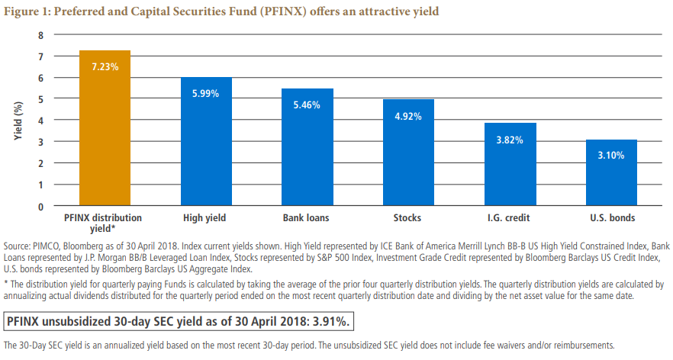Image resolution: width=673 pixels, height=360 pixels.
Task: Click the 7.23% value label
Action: click(x=105, y=66)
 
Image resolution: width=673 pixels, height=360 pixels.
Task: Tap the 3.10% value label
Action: click(x=611, y=155)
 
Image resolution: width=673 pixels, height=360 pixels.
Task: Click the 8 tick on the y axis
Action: click(x=41, y=35)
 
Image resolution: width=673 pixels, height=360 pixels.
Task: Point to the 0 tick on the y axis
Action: click(x=41, y=206)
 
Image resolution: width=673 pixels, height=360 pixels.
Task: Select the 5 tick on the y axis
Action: click(x=41, y=99)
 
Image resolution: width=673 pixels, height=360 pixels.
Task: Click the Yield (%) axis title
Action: click(x=18, y=120)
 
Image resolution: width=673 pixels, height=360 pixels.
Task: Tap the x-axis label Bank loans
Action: click(x=308, y=218)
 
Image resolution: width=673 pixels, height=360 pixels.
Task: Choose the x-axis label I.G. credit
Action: click(x=510, y=218)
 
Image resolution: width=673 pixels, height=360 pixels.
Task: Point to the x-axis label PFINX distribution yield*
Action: click(x=105, y=223)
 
